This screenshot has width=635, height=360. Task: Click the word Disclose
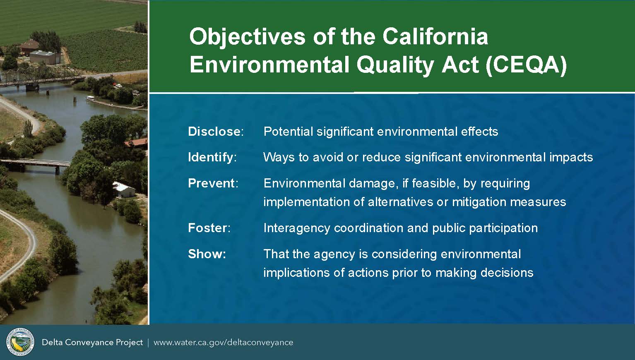[x=214, y=132]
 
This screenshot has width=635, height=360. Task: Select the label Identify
[x=210, y=158]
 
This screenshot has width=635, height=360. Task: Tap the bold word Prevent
[x=211, y=183]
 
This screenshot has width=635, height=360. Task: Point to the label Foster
[x=207, y=228]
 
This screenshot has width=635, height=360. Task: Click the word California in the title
[x=435, y=36]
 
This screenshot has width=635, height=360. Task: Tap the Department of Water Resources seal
[x=20, y=342]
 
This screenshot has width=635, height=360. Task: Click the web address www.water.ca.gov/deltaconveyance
[x=223, y=343]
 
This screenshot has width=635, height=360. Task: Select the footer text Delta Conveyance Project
[x=92, y=343]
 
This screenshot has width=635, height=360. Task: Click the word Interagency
[x=297, y=228]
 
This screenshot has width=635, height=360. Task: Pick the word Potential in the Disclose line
[x=288, y=132]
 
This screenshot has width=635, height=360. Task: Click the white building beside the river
[x=124, y=190]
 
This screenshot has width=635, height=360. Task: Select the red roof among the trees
[x=137, y=142]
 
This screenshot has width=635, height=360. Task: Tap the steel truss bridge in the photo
[x=43, y=77]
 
